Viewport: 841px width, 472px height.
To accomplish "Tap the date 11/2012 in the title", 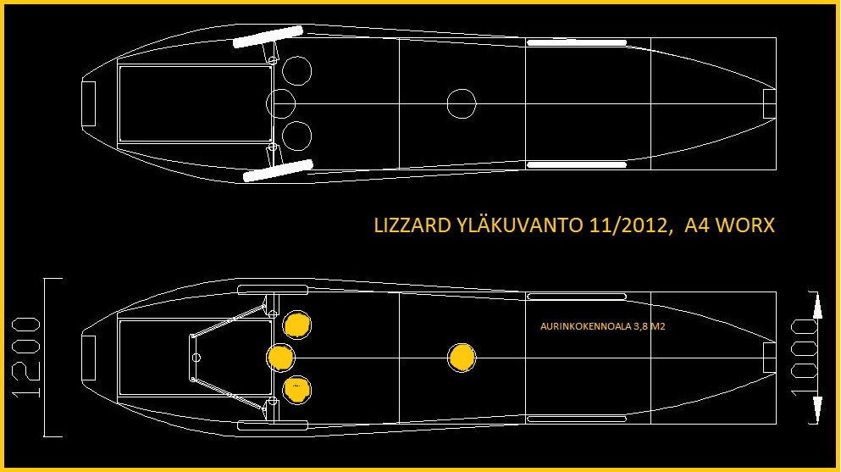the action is (629, 225).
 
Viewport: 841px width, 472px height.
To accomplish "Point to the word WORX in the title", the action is (745, 225).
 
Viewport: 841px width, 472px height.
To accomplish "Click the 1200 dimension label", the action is (26, 358).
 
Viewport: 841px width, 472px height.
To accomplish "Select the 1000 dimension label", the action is (805, 358).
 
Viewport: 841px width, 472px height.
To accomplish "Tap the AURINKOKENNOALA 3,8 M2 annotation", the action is (602, 326).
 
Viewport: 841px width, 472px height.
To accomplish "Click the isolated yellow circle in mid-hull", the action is (462, 358).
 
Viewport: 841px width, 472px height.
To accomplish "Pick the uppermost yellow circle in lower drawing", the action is (296, 325).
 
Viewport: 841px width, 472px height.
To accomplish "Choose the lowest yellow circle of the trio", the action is (296, 390).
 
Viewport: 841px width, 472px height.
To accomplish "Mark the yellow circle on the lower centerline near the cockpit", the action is (280, 358).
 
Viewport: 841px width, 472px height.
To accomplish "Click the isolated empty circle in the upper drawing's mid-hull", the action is (462, 103).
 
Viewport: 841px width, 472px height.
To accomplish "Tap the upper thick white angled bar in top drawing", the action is (268, 37).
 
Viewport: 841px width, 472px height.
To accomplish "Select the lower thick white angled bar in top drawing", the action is (278, 170).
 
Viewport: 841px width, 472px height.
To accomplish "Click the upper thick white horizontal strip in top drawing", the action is (577, 43).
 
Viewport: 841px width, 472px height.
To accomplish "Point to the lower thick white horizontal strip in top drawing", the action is (577, 164).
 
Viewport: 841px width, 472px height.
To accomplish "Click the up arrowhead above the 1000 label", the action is (816, 306).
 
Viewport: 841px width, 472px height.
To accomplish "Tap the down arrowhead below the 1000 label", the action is (816, 410).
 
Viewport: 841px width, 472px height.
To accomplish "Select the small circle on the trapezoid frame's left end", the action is (196, 358).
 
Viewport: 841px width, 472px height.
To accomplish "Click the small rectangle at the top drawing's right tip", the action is (769, 103).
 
